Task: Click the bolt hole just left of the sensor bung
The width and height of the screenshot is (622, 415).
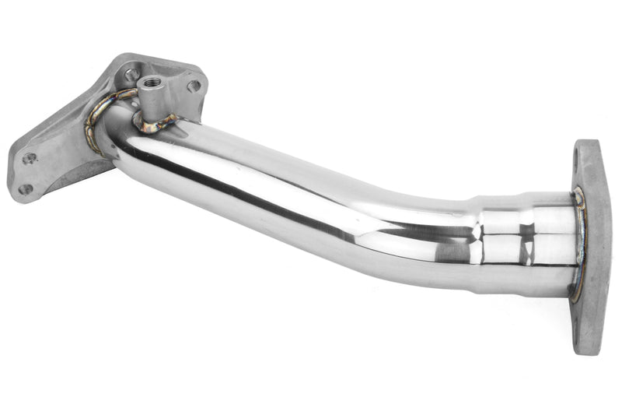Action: [132, 75]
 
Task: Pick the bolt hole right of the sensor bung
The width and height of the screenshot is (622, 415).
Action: [193, 86]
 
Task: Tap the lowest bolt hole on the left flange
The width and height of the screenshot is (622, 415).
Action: [26, 189]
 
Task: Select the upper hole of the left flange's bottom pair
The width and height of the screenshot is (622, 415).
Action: [30, 159]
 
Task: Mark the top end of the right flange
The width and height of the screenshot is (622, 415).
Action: [587, 143]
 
